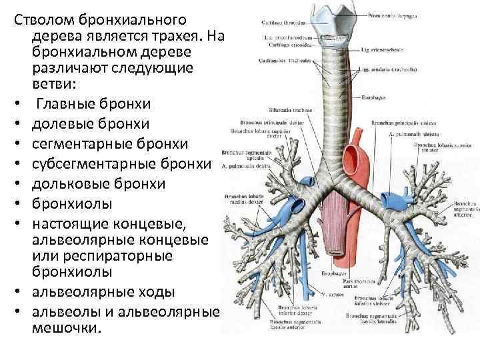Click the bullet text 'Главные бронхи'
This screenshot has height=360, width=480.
pyautogui.click(x=93, y=104)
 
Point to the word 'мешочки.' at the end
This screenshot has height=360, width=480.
pyautogui.click(x=67, y=328)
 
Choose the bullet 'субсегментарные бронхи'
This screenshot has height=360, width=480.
pyautogui.click(x=120, y=163)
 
